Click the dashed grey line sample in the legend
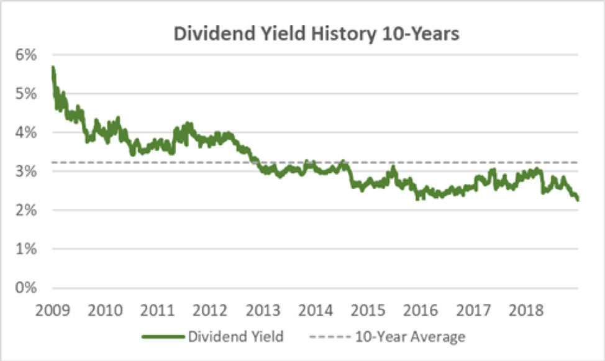click(x=329, y=337)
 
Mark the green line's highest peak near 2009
click(x=53, y=67)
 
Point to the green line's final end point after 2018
click(x=578, y=199)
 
